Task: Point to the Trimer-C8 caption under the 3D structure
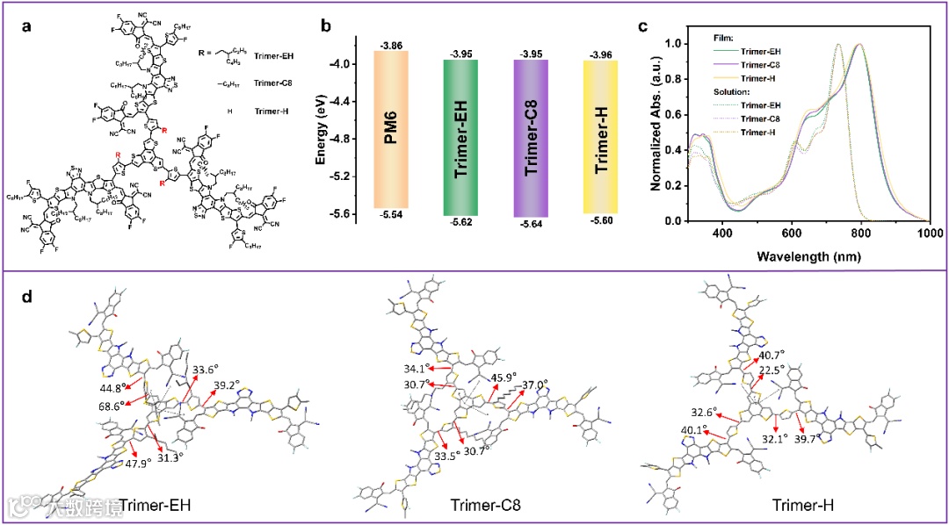(x=483, y=506)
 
